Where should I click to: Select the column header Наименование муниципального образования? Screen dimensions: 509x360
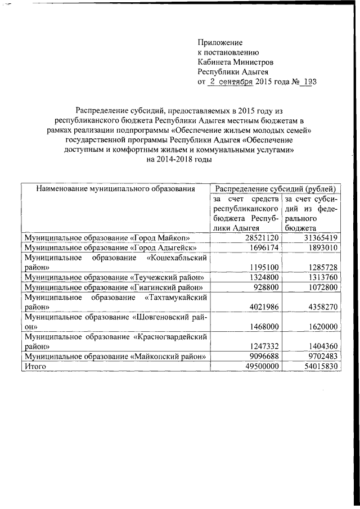point(115,190)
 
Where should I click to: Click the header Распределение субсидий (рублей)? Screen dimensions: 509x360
point(276,190)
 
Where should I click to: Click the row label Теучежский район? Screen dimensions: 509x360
point(113,278)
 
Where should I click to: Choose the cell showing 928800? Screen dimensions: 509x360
point(263,287)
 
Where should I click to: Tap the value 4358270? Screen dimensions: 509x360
point(321,307)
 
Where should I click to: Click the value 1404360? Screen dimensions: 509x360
point(321,346)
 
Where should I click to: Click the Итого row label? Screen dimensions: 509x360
point(34,366)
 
